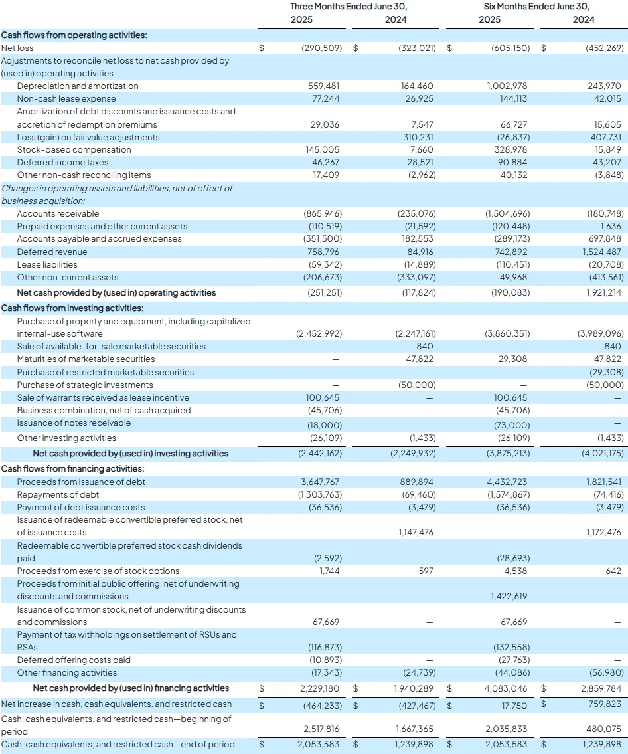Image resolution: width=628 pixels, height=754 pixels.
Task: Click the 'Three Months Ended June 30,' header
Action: coord(349,6)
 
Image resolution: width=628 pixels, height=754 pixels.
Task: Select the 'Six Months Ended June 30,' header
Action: coord(536,6)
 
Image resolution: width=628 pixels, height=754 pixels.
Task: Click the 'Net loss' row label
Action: coord(17,48)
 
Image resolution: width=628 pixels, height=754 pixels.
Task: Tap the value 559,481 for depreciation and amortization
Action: coord(323,86)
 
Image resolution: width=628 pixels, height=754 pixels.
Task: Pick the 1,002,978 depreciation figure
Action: coord(507,86)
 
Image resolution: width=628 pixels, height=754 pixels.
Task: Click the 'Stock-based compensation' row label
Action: coord(74,149)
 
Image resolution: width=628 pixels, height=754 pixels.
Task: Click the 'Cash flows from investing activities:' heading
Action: coord(72,308)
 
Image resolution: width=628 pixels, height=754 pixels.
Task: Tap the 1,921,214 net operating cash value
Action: coord(603,292)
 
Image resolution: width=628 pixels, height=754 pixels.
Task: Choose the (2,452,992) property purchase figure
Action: coord(319,333)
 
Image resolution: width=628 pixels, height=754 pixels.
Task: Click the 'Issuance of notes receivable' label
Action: coord(74,423)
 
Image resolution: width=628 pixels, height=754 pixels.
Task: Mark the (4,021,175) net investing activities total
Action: coord(603,454)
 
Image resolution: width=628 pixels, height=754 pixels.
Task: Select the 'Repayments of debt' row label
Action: coord(58,494)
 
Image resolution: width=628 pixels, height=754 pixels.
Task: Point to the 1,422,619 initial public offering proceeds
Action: coord(509,597)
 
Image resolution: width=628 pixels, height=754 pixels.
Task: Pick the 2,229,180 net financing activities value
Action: coord(319,689)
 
